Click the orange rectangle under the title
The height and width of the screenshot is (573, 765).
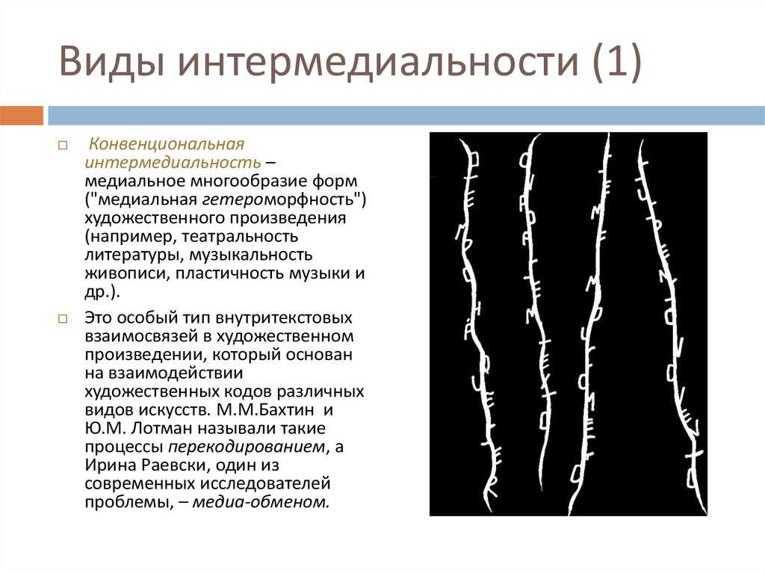coord(22,116)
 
